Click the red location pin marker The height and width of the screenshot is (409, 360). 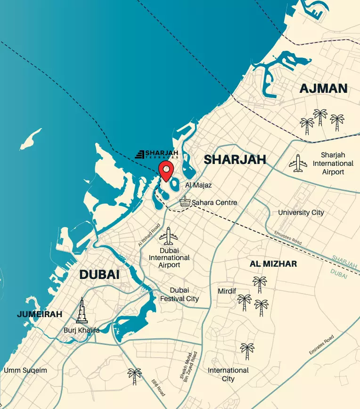tap(166, 170)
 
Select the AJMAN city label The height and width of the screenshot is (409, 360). tap(323, 88)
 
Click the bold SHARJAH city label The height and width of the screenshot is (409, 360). tap(235, 159)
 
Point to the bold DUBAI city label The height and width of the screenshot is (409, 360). tap(99, 274)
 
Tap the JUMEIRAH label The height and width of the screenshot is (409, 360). tap(40, 314)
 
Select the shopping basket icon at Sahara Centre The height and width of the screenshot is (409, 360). tap(185, 202)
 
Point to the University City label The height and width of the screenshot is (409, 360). tap(301, 213)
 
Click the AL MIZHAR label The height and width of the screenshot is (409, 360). tap(273, 264)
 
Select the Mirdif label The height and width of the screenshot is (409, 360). tap(227, 291)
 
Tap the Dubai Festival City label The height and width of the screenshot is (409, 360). tap(179, 294)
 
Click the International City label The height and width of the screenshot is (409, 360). tap(228, 375)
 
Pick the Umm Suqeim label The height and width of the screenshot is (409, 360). tap(25, 370)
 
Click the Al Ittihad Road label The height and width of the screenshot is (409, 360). tap(147, 236)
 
